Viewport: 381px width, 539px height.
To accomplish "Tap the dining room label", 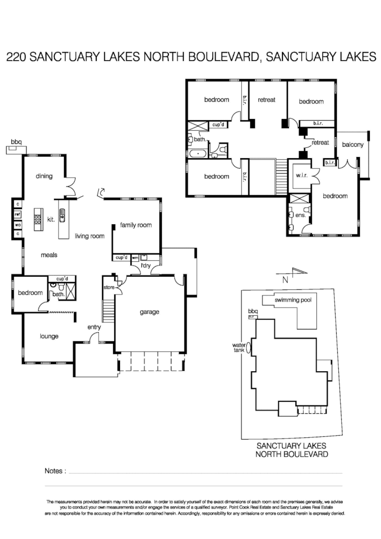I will tap(44, 176).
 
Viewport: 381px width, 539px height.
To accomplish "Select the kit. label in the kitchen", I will tap(50, 219).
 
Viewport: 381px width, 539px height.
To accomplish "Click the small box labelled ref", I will tap(17, 215).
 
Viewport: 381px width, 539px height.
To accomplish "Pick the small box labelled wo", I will tap(17, 224).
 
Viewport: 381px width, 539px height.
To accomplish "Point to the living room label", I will tap(90, 236).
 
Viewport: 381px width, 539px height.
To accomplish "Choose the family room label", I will tap(136, 225).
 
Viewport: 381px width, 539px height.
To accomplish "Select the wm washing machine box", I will tap(135, 258).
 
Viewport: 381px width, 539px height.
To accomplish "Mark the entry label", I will tap(94, 327).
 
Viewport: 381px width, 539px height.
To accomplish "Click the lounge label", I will tap(48, 336).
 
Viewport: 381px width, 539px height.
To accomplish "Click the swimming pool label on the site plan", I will tap(294, 300).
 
